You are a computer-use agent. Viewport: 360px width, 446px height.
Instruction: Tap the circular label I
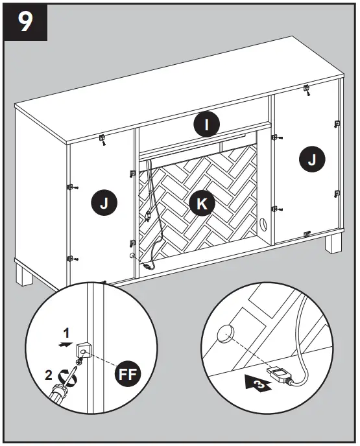pyautogui.click(x=206, y=124)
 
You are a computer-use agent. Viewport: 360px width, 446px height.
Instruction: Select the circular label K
pyautogui.click(x=202, y=204)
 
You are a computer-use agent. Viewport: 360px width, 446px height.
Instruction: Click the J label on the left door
pyautogui.click(x=104, y=204)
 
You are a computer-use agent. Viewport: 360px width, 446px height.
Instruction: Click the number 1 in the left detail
pyautogui.click(x=66, y=333)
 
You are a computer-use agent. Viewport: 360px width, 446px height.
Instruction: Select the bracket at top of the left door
pyautogui.click(x=102, y=138)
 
